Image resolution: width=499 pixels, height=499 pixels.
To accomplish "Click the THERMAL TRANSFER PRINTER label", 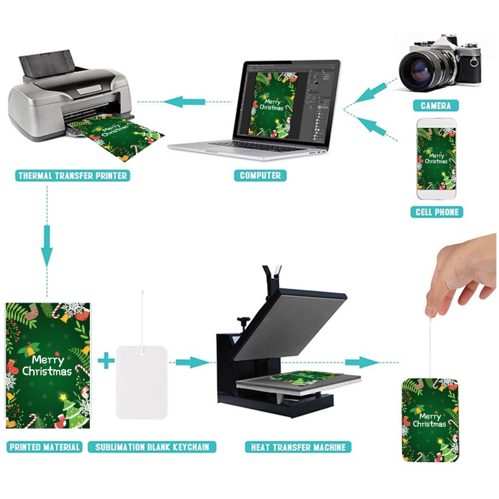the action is (x=72, y=175).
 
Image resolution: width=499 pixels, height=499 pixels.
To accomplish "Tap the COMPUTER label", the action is (x=260, y=175).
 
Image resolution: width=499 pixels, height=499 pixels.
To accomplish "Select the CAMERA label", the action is (x=435, y=105).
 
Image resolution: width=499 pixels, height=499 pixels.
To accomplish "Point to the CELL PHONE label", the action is (x=437, y=212).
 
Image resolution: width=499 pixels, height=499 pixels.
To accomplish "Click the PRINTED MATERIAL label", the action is (x=44, y=447).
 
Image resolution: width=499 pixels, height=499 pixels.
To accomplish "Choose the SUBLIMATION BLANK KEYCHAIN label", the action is (x=152, y=447).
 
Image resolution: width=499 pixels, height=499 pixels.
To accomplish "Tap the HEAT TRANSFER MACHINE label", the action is (x=298, y=447).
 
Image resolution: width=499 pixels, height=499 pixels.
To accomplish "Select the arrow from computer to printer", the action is (x=185, y=102).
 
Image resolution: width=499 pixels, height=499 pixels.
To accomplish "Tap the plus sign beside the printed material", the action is (x=106, y=361).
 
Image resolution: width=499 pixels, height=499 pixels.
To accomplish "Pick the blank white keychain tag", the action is (x=142, y=382).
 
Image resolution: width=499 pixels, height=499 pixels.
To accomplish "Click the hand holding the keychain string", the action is (x=462, y=274).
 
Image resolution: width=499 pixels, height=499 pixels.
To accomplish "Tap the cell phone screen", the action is (x=436, y=159).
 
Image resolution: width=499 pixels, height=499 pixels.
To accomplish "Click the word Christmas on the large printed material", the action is (x=47, y=371).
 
